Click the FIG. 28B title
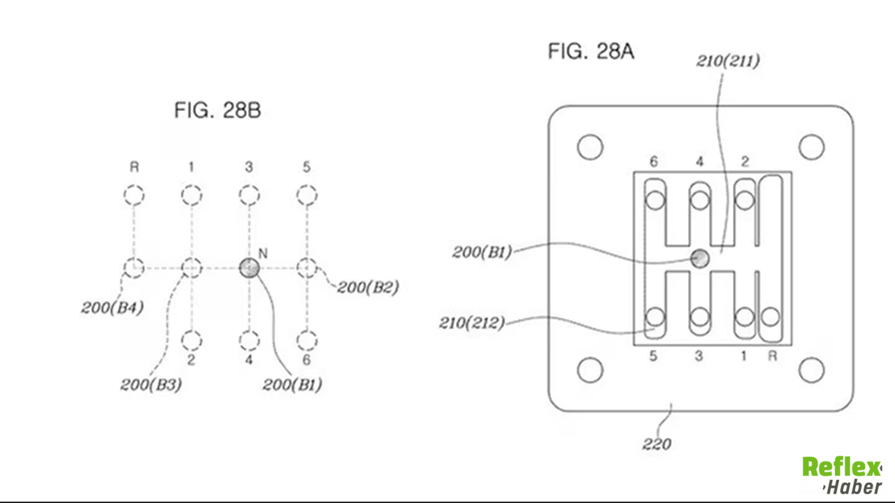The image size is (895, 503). click(x=217, y=110)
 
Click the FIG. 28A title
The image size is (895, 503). click(x=591, y=52)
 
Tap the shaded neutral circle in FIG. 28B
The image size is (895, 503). click(x=250, y=268)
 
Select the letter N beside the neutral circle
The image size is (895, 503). click(x=263, y=254)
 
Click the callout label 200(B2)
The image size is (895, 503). click(x=368, y=287)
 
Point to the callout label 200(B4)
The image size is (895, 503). click(x=113, y=307)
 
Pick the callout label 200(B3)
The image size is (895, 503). click(x=151, y=384)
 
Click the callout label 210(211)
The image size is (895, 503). click(x=728, y=61)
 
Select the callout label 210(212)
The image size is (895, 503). click(x=472, y=323)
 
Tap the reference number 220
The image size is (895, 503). click(x=657, y=444)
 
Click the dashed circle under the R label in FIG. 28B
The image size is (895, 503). click(x=134, y=195)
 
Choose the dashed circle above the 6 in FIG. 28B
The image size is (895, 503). click(x=307, y=341)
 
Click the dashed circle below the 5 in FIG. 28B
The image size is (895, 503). click(x=307, y=195)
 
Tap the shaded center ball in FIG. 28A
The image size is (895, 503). click(x=700, y=258)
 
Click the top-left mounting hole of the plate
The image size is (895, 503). click(x=590, y=147)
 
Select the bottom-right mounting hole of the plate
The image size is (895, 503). click(x=812, y=370)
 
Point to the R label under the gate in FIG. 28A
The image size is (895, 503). click(x=773, y=356)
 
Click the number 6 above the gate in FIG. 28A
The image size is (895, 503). click(x=654, y=161)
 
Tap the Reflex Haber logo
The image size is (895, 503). click(x=842, y=476)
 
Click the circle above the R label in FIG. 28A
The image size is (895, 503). click(x=771, y=317)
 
